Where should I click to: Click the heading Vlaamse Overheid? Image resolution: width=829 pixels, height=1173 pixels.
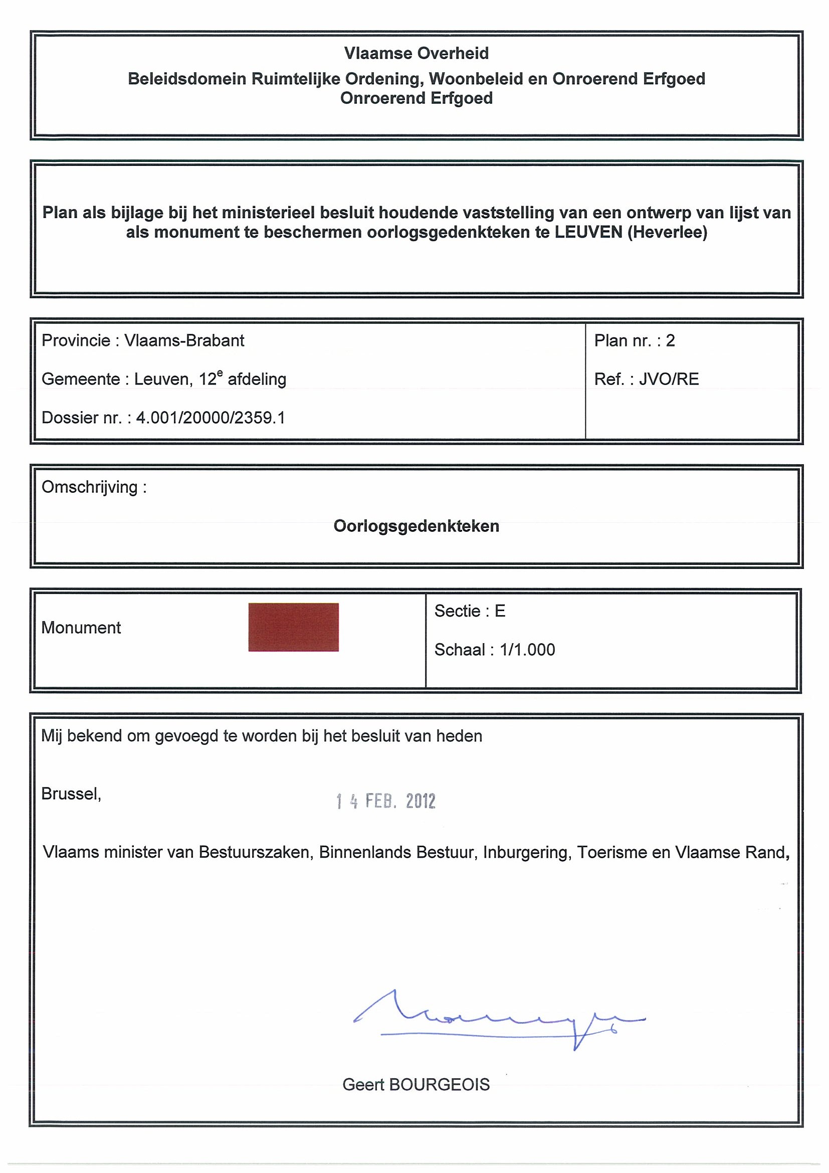click(x=416, y=53)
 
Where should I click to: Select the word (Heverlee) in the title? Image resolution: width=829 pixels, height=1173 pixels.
click(x=667, y=233)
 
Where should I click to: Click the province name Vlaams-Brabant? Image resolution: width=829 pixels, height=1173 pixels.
click(x=184, y=341)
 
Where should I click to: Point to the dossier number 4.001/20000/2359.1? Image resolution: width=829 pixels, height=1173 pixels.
click(x=211, y=418)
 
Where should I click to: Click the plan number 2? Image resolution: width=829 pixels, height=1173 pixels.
click(x=670, y=341)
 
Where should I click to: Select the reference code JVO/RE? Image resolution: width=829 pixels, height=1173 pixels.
click(x=669, y=379)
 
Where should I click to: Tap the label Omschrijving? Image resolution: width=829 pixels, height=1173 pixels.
click(x=90, y=487)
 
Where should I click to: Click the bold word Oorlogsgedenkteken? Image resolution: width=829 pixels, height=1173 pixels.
click(x=416, y=526)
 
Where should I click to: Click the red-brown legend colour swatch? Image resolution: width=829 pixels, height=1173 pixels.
click(x=293, y=627)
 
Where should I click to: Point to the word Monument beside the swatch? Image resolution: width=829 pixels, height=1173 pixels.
click(x=81, y=628)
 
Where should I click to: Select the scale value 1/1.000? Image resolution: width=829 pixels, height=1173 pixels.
click(x=527, y=650)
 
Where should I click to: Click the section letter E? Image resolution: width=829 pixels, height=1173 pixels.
click(x=500, y=611)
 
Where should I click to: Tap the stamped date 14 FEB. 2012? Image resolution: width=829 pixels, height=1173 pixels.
click(x=385, y=801)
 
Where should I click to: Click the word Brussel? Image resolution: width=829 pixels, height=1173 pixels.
click(x=71, y=794)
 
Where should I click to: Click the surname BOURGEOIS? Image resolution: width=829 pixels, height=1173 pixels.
click(x=439, y=1084)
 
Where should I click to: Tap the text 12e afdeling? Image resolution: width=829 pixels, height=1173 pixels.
click(x=242, y=379)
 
